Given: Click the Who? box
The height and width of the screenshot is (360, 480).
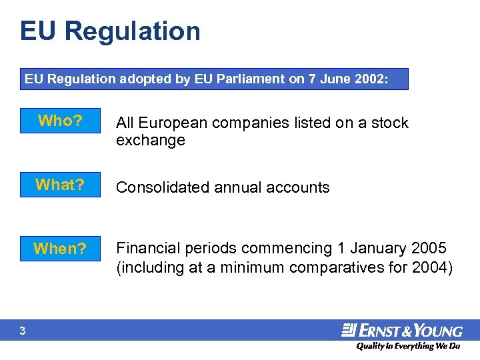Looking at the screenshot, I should (x=60, y=121).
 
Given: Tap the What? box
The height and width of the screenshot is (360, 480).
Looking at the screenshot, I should (x=60, y=185).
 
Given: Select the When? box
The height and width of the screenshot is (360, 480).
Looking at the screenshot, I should (x=60, y=249).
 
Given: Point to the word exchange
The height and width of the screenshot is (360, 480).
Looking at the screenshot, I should (x=150, y=140).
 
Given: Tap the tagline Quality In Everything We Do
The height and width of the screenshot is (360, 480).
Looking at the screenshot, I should (x=407, y=346).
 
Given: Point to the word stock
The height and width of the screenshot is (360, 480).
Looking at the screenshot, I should (x=390, y=123).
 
